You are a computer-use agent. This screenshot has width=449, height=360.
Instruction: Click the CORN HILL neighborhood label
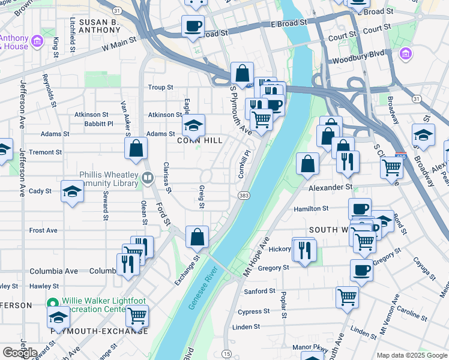[200, 140]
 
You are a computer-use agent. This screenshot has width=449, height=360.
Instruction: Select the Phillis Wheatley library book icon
[147, 178]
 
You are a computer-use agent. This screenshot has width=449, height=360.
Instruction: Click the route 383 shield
[244, 196]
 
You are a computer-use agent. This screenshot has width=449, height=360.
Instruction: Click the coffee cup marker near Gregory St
[361, 270]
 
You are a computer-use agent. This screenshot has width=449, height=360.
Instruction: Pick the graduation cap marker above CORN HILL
[193, 125]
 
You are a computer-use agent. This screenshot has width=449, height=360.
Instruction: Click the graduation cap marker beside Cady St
[73, 191]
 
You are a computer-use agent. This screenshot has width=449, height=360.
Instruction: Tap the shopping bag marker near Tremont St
[136, 148]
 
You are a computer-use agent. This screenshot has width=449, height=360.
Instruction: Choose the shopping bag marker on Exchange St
[197, 237]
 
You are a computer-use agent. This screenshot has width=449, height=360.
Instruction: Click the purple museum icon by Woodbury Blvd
[406, 55]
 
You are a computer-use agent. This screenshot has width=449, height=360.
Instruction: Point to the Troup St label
[160, 88]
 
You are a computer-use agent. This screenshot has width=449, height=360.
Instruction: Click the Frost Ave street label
[43, 230]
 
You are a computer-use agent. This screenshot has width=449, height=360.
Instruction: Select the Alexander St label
[331, 187]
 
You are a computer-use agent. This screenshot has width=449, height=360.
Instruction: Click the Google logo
[20, 353]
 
